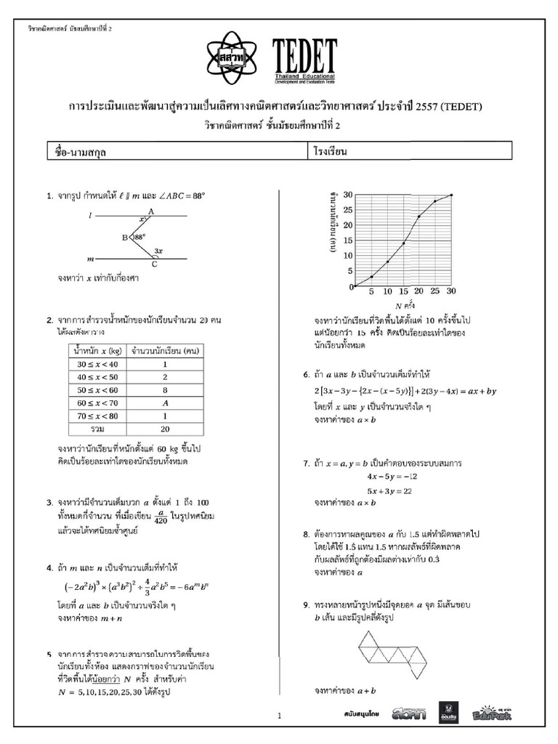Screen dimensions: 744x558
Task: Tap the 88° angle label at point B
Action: pos(139,236)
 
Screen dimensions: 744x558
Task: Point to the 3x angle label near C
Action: pos(158,251)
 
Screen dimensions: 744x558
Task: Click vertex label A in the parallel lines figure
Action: pos(150,211)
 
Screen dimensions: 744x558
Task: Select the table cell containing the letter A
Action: pos(165,403)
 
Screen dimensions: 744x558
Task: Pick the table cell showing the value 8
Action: pos(165,390)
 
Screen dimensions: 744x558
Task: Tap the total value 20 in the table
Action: pos(165,429)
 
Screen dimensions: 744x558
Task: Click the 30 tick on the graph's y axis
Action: pos(348,195)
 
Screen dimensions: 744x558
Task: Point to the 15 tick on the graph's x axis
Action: pos(403,291)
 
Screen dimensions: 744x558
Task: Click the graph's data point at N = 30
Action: pos(451,195)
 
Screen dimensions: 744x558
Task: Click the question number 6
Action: pos(306,376)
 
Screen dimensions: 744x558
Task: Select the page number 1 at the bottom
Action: pos(279,716)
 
